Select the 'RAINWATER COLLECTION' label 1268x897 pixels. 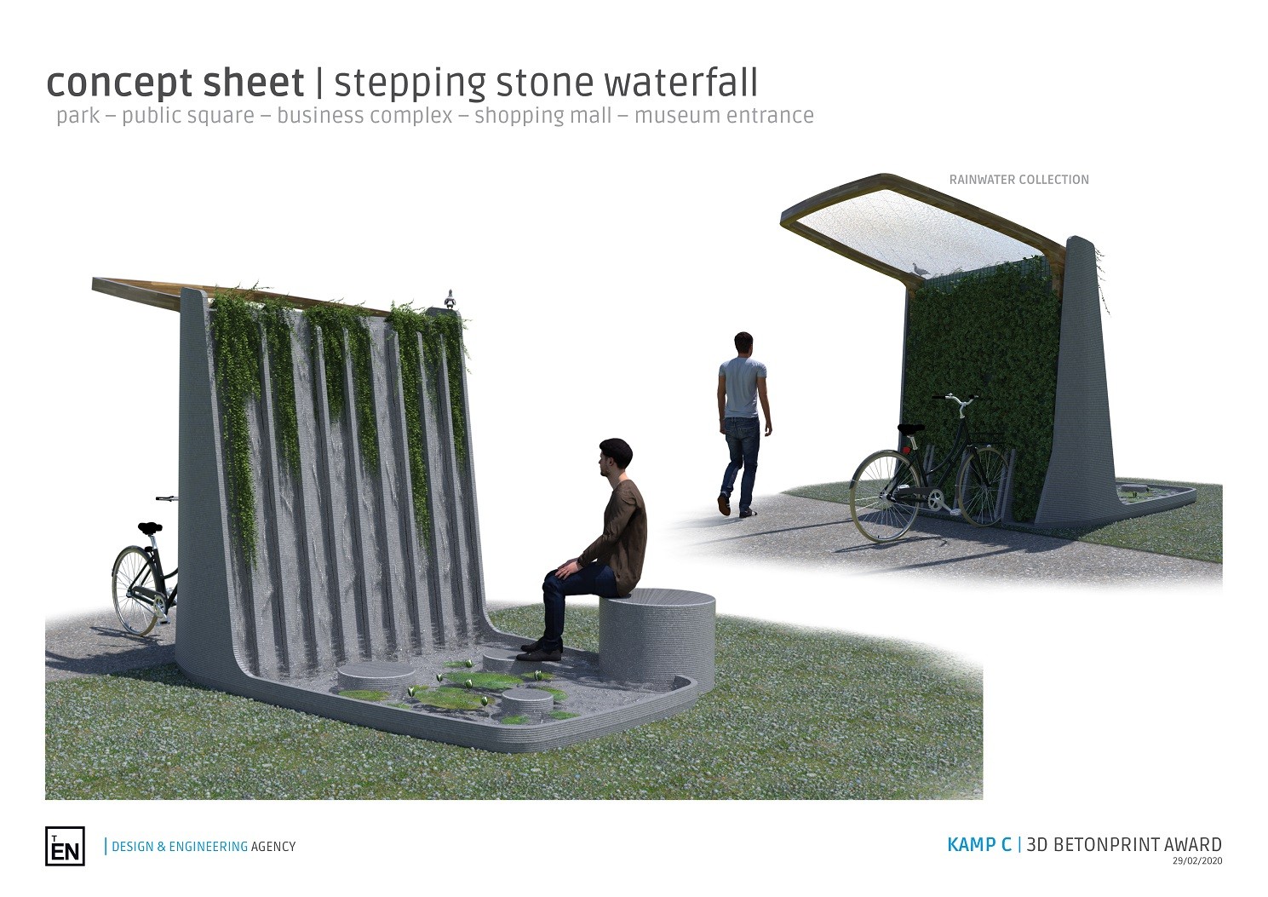pyautogui.click(x=1019, y=180)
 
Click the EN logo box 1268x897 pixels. pyautogui.click(x=65, y=846)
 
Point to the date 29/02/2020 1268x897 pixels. pyautogui.click(x=1196, y=860)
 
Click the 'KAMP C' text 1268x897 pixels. pyautogui.click(x=978, y=844)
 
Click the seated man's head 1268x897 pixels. pyautogui.click(x=614, y=458)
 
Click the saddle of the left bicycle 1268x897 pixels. pyautogui.click(x=149, y=528)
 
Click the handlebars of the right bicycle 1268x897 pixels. pyautogui.click(x=956, y=400)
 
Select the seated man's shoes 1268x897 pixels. pyautogui.click(x=541, y=649)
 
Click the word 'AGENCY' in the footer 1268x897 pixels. pyautogui.click(x=273, y=847)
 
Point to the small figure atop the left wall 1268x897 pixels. pyautogui.click(x=450, y=299)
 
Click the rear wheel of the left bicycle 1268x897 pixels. pyautogui.click(x=135, y=590)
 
